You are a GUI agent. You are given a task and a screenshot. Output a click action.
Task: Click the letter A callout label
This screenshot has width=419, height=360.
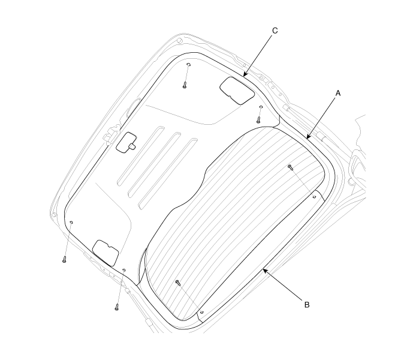(338, 94)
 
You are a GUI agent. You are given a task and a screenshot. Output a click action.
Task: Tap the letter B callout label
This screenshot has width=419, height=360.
(307, 305)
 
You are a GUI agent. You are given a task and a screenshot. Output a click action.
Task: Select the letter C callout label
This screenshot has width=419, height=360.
(275, 31)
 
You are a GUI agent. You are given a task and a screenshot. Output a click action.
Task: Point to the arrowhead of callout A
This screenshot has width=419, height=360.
(308, 137)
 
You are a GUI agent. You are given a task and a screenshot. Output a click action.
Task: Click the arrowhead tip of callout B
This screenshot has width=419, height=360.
(263, 268)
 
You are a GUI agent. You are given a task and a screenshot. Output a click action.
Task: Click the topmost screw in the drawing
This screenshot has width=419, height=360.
(185, 85)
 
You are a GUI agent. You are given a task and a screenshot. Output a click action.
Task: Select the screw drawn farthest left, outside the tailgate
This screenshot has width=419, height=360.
(64, 259)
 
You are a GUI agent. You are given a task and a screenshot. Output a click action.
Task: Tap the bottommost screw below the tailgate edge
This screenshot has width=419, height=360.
(116, 307)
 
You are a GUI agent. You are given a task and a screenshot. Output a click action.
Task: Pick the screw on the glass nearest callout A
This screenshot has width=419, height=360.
(291, 167)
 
